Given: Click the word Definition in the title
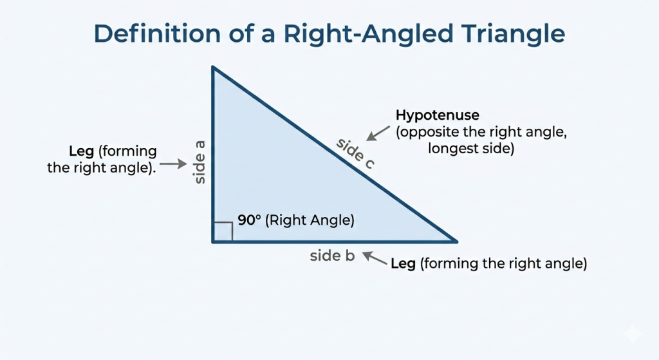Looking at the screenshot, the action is [x=157, y=33].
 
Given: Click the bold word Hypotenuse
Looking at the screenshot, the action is [x=437, y=115].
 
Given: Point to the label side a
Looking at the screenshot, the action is [x=200, y=162].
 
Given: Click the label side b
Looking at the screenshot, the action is [x=332, y=256].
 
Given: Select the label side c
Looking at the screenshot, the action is [x=355, y=154].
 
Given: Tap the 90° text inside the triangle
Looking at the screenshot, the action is [x=249, y=220].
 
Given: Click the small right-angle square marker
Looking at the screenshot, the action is [x=223, y=231].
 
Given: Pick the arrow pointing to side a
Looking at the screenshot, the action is [x=173, y=164].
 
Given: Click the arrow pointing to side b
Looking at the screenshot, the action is [x=375, y=258].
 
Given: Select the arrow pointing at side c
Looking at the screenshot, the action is [x=378, y=133].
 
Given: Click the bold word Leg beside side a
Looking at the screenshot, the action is [x=81, y=151].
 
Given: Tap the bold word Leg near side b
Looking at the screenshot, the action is [x=403, y=263].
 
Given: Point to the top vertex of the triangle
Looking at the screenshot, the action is [x=213, y=67].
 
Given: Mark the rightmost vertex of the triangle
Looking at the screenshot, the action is [x=456, y=242].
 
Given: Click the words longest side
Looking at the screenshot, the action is [x=471, y=149].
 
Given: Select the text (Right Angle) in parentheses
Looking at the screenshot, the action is [x=310, y=220].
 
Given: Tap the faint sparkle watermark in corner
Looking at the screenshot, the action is [x=633, y=334].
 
